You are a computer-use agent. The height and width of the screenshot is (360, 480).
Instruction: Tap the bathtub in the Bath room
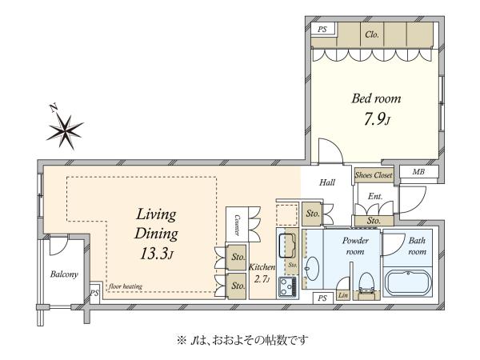[408, 282]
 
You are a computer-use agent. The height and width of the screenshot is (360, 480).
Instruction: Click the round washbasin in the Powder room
[312, 269]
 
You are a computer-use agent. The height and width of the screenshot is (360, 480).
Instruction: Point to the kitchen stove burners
[287, 286]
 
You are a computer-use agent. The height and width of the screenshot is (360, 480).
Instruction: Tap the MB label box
[418, 172]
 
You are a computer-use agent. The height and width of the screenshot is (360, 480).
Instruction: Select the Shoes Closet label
[374, 175]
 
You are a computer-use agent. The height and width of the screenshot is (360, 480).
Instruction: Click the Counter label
[237, 225]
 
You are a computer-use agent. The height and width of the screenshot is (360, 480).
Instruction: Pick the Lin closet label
[343, 295]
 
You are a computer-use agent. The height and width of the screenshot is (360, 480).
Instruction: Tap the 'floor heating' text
[126, 286]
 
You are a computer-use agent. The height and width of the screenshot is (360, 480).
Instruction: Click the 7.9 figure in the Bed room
[374, 119]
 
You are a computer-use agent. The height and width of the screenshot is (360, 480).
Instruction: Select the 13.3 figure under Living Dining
[154, 254]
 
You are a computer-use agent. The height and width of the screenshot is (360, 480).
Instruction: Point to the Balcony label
[64, 274]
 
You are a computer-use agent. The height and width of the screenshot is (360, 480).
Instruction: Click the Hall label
[327, 182]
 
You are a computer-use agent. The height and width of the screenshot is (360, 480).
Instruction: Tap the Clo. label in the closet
[372, 34]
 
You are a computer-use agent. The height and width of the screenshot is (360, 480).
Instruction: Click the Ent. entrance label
[375, 196]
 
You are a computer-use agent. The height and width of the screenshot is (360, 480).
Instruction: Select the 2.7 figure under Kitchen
[260, 279]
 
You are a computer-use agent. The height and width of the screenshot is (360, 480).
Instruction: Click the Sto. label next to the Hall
[313, 214]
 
